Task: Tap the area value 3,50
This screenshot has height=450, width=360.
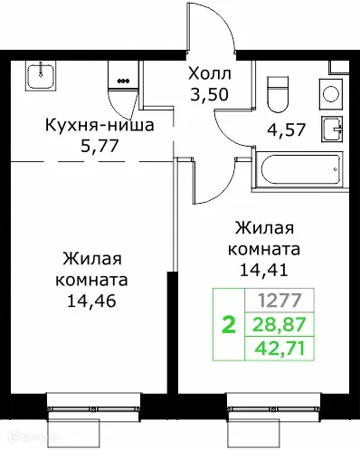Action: coord(209,91)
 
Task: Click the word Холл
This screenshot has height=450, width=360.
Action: coord(209,72)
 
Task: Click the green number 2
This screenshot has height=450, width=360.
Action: coord(228,325)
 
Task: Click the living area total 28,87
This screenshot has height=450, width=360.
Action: coord(279,324)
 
